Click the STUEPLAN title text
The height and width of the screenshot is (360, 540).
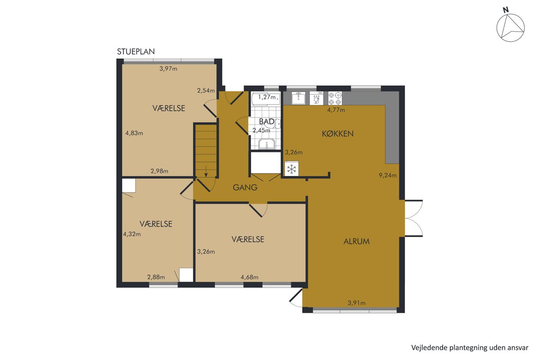(136, 52)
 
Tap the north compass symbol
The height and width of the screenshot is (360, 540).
(510, 27)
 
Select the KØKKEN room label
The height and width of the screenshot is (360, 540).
(338, 134)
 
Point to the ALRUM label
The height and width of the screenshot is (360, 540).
(356, 241)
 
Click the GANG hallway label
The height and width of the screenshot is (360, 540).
(245, 187)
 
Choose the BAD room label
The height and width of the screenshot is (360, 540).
(266, 121)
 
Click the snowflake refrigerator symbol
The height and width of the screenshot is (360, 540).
(292, 169)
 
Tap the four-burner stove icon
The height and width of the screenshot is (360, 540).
(335, 98)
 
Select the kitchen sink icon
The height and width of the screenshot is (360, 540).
(298, 98)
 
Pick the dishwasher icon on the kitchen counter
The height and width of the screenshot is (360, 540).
(316, 98)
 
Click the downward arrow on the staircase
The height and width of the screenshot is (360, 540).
(206, 171)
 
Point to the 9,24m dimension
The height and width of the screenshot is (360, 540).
(387, 175)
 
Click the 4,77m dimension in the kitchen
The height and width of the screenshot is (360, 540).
(336, 110)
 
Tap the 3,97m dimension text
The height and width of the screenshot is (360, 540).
(168, 69)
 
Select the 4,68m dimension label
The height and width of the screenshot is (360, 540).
(249, 277)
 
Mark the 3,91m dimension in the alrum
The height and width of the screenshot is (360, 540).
(356, 303)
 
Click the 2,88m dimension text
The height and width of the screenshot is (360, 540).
(156, 277)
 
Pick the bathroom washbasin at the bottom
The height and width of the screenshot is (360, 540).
(266, 144)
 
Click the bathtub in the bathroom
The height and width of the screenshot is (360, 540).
(265, 99)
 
